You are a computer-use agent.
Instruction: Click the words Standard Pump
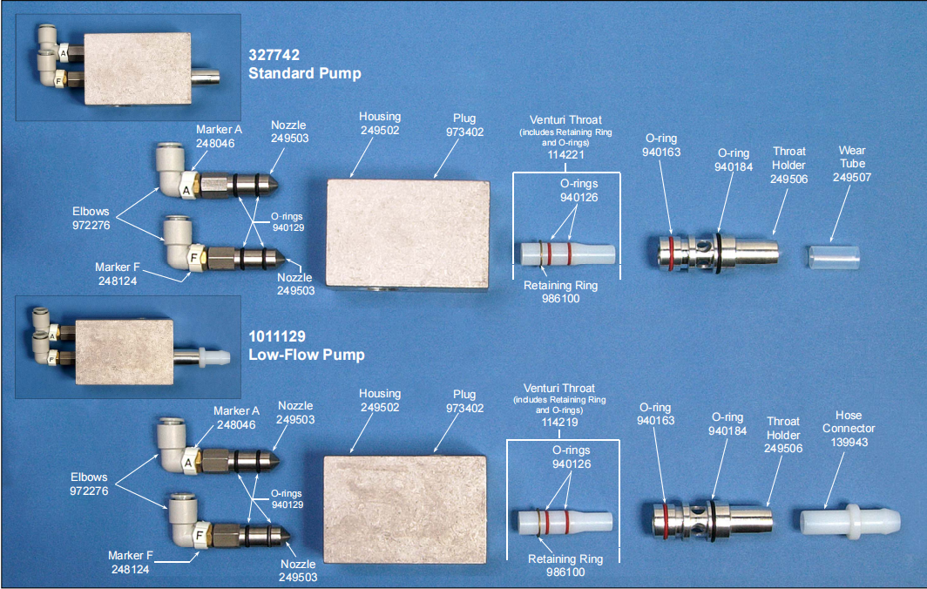pyautogui.click(x=305, y=74)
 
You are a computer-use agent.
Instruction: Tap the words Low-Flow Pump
pyautogui.click(x=307, y=355)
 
